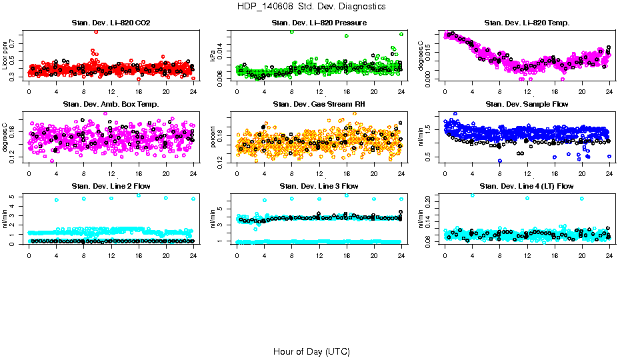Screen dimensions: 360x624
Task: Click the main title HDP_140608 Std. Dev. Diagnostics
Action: pos(311,6)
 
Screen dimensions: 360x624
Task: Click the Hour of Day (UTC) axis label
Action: pos(311,351)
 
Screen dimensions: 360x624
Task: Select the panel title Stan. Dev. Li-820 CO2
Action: pos(111,23)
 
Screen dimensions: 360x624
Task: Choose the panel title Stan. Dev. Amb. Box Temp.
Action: pos(111,105)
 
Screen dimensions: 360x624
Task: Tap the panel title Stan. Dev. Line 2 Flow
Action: pos(111,186)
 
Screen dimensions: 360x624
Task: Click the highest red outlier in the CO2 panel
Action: pos(97,32)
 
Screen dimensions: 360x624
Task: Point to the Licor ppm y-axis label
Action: pos(5,56)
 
